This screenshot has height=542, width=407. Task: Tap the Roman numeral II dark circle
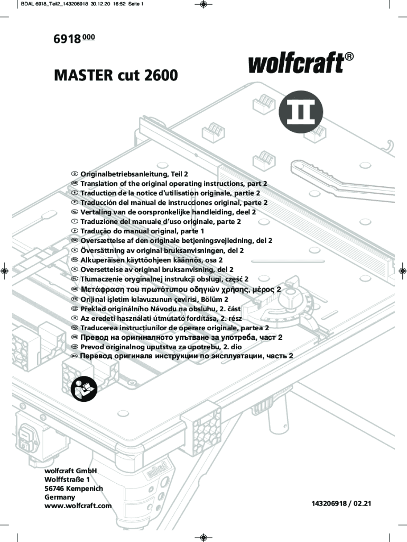point(301,112)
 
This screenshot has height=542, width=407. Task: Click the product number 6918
point(67,39)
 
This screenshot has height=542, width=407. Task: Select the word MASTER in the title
point(84,75)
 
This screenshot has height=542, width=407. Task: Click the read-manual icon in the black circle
point(84,389)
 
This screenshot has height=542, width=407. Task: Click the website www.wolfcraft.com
point(78,505)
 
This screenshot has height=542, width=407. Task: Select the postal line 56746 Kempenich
point(74,489)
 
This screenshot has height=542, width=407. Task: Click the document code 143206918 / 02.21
point(341,503)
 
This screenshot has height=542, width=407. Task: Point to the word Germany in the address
point(60,497)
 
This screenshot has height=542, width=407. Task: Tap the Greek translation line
point(181,290)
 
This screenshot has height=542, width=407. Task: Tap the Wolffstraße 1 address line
point(67,480)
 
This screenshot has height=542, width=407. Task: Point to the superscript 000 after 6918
point(89,37)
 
